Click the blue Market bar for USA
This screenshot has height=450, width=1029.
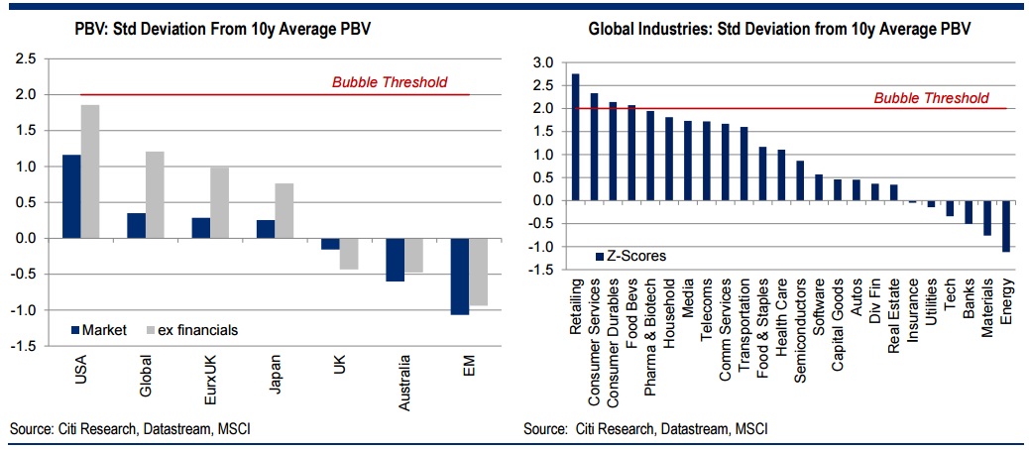tap(71, 196)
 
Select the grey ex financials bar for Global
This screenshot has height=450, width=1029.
tap(156, 194)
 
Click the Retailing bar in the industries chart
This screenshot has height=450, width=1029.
tap(576, 137)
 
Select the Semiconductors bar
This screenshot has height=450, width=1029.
tap(800, 180)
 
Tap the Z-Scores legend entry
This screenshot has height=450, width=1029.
tap(633, 256)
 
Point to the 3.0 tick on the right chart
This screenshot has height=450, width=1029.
tap(540, 62)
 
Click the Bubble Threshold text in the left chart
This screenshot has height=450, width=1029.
tap(390, 82)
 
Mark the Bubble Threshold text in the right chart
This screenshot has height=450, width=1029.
tap(931, 97)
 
